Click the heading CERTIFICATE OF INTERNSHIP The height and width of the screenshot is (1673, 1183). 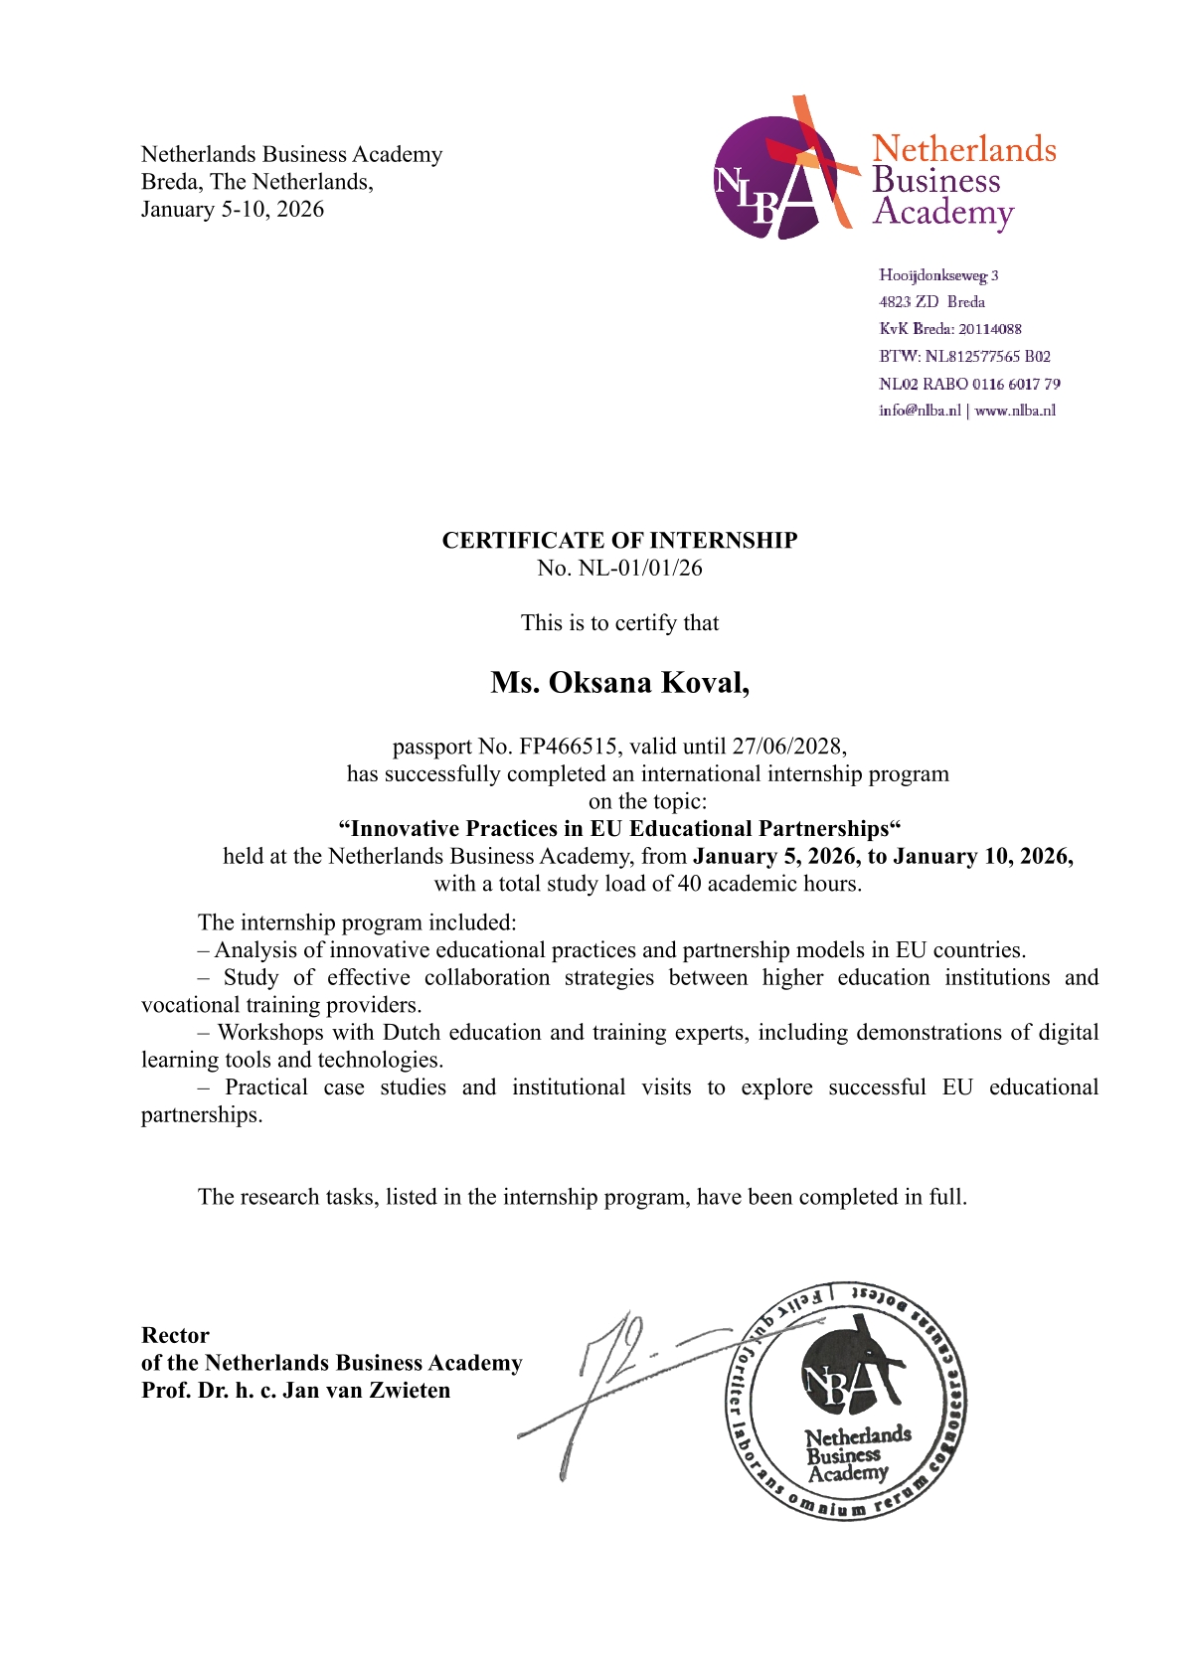[x=619, y=540]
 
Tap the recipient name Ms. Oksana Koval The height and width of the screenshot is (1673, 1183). [x=619, y=683]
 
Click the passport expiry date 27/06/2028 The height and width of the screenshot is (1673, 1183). [x=788, y=746]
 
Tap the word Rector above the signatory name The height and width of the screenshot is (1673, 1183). [x=175, y=1335]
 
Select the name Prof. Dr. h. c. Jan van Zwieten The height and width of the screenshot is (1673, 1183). [x=295, y=1390]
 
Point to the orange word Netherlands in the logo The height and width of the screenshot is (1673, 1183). [x=963, y=149]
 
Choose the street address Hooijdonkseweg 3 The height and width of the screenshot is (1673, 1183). [x=938, y=275]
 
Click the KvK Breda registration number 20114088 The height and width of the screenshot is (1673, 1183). [x=989, y=329]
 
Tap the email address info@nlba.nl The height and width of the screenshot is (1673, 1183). [x=920, y=411]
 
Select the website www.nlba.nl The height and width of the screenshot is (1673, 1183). [x=1015, y=411]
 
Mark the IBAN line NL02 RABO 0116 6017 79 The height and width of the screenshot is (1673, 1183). [x=969, y=384]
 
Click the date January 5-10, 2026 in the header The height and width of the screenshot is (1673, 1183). [x=233, y=209]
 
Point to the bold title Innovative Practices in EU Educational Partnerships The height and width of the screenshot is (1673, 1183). [x=619, y=828]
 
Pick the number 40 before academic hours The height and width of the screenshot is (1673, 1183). [x=689, y=883]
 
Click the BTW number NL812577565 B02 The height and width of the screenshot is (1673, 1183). [x=987, y=356]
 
